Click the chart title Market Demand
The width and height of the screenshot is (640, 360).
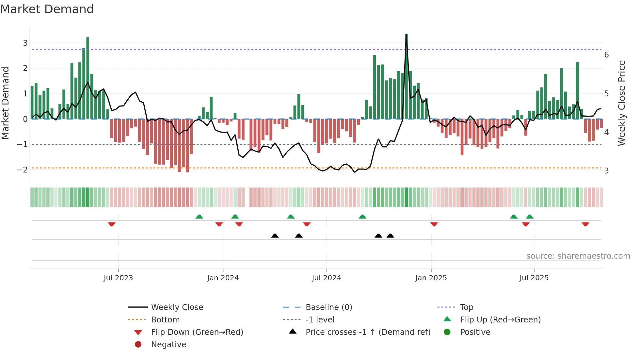pos(47,9)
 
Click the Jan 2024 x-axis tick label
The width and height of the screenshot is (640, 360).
pos(223,278)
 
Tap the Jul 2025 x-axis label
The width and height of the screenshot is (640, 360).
pos(534,278)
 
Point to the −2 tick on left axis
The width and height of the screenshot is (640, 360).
pos(22,170)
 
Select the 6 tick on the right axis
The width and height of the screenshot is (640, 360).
pos(606,55)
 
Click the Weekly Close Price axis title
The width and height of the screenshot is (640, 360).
pos(622,103)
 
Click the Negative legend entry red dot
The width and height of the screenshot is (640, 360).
pos(138,345)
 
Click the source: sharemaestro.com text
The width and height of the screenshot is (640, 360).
pos(578,256)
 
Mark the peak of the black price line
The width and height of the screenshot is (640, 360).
pos(406,35)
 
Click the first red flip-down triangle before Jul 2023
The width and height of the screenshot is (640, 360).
pos(112,224)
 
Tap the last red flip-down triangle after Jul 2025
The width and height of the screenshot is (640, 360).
pos(585,224)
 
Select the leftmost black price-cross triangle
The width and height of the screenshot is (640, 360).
pos(275,236)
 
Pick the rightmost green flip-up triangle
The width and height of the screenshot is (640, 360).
pos(530,217)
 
